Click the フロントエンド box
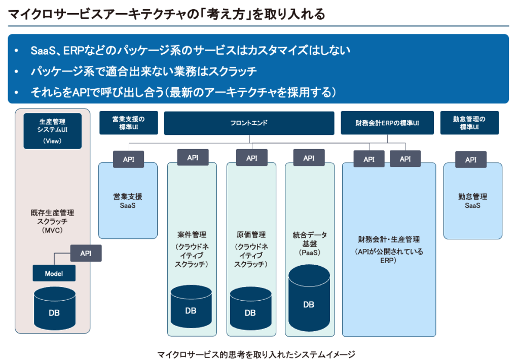249,123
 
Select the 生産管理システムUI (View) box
52,131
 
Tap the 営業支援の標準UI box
128,123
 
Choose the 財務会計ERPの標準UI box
387,123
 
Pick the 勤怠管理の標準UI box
469,123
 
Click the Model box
54,273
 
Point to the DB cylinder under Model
55,308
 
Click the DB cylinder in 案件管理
191,306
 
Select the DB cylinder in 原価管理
250,308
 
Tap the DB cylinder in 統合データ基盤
309,298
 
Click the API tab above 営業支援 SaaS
128,159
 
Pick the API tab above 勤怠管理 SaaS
471,160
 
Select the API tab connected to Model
86,253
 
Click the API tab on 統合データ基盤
309,158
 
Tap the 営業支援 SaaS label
128,201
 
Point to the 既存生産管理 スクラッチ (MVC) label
52,221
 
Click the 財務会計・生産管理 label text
389,239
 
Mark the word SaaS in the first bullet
44,50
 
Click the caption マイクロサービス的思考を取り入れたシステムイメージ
256,354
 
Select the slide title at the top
166,14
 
